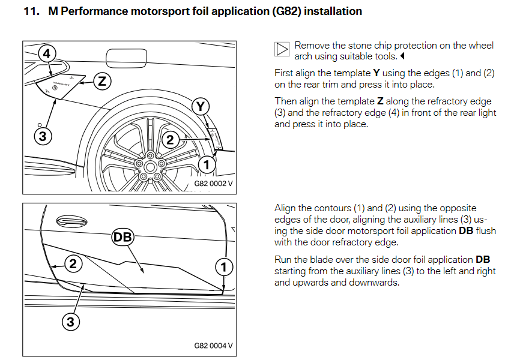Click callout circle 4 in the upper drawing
47,53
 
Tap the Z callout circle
102,81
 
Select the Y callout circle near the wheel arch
201,107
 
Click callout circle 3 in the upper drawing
43,136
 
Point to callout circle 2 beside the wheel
170,140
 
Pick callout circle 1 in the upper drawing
207,164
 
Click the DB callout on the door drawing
122,237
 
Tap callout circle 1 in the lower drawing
224,267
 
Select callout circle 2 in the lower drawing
73,264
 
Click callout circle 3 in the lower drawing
71,322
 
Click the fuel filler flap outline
126,58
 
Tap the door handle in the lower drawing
71,221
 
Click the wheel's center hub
150,167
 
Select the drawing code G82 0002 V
213,184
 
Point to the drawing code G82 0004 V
213,346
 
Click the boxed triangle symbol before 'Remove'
282,49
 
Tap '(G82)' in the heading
286,11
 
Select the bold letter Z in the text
380,101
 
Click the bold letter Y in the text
376,73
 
